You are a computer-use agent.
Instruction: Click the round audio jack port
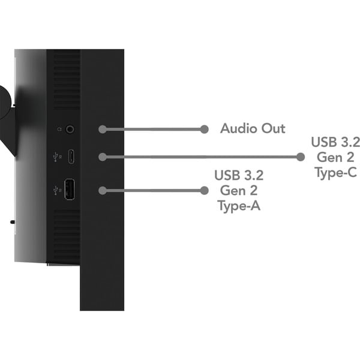[x=71, y=128]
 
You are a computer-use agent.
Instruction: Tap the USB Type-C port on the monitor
[x=71, y=158]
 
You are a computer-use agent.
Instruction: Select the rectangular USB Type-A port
[x=70, y=190]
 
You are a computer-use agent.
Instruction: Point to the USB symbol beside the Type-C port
[x=56, y=158]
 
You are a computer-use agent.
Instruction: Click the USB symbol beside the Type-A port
[x=56, y=190]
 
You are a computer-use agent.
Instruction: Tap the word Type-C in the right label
[x=335, y=173]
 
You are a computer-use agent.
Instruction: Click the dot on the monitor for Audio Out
[x=102, y=129]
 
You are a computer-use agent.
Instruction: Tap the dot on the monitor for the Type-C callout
[x=102, y=157]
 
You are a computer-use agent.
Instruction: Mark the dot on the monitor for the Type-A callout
[x=102, y=190]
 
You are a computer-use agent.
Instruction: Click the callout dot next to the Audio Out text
[x=204, y=129]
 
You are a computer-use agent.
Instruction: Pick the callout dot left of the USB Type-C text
[x=301, y=157]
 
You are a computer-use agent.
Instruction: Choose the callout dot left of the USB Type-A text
[x=204, y=190]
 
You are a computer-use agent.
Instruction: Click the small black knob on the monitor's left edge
[x=12, y=221]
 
